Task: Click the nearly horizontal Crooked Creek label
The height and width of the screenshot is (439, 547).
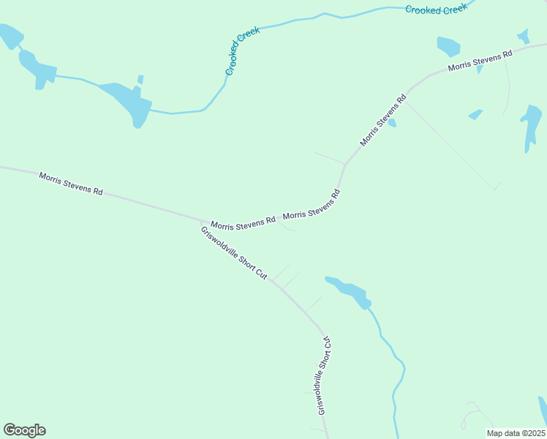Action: pyautogui.click(x=436, y=10)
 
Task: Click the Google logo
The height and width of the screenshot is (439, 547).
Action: pyautogui.click(x=24, y=430)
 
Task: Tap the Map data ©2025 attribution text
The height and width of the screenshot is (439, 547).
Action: pyautogui.click(x=516, y=433)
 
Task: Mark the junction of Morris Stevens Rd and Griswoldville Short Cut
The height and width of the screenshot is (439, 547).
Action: pyautogui.click(x=203, y=219)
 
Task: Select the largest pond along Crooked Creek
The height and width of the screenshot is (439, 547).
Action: pyautogui.click(x=130, y=103)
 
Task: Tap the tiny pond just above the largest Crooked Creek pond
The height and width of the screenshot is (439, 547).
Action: pyautogui.click(x=140, y=79)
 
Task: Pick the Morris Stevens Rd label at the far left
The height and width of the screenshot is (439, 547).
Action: pyautogui.click(x=71, y=183)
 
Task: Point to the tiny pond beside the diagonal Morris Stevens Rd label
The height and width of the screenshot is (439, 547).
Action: pyautogui.click(x=392, y=123)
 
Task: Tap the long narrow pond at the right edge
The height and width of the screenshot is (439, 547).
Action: pyautogui.click(x=531, y=124)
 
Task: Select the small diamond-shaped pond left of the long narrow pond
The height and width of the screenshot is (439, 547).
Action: pyautogui.click(x=476, y=114)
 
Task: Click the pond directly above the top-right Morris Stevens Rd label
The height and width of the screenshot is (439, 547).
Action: pyautogui.click(x=448, y=46)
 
